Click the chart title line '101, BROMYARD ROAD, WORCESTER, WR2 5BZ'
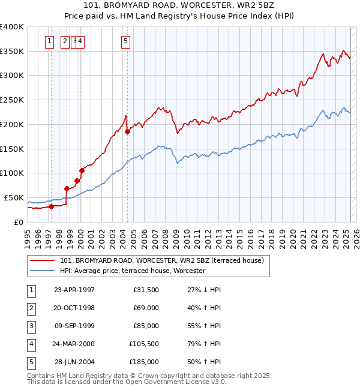pos(180,6)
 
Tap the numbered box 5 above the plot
pos(125,41)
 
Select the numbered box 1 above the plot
pos(50,41)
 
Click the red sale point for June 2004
pos(128,131)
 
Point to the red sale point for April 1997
pos(52,206)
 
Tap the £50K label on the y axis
pos(14,197)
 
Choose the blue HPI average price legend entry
pos(133,271)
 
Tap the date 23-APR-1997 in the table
pos(74,290)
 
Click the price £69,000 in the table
pos(145,308)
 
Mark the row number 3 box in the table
pos(30,326)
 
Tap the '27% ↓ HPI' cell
pos(204,290)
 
